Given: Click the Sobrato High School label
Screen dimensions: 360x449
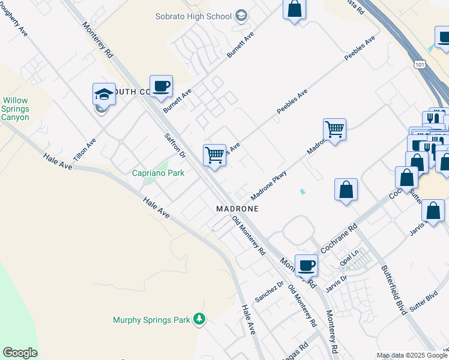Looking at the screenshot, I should pyautogui.click(x=193, y=16).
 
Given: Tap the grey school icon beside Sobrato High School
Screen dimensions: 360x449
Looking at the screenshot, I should pyautogui.click(x=241, y=16).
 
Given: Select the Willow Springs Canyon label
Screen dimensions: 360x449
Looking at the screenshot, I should pyautogui.click(x=15, y=109).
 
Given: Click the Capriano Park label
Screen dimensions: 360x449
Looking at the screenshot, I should pyautogui.click(x=158, y=173).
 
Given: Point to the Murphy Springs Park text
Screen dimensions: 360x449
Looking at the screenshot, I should pyautogui.click(x=151, y=320).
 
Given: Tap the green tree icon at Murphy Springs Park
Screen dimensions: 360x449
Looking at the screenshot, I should pyautogui.click(x=199, y=320).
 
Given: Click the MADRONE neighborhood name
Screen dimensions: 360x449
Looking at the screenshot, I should pyautogui.click(x=237, y=209).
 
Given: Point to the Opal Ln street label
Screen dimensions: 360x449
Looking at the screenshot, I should pyautogui.click(x=348, y=260).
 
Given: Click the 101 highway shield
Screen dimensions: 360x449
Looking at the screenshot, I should pyautogui.click(x=418, y=63).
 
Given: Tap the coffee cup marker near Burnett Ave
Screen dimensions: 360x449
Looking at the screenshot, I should pyautogui.click(x=161, y=86).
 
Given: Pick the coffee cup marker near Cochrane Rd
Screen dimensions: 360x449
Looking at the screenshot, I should pyautogui.click(x=306, y=264).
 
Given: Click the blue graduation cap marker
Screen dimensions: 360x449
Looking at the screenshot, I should pyautogui.click(x=104, y=94).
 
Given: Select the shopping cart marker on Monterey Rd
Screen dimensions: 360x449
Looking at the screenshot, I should pyautogui.click(x=214, y=155).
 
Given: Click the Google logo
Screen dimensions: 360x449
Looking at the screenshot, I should pyautogui.click(x=20, y=353).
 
